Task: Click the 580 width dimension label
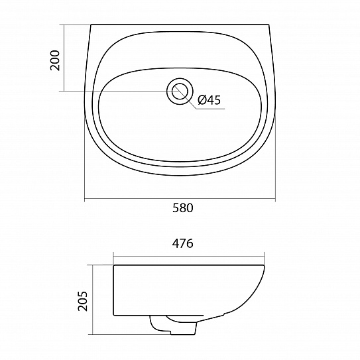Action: click(183, 208)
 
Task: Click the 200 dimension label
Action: click(55, 60)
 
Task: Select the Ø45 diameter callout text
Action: click(209, 100)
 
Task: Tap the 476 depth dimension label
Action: click(183, 243)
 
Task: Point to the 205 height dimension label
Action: click(83, 301)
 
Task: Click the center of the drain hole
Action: click(180, 91)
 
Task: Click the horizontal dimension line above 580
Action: click(180, 199)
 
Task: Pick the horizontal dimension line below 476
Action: click(189, 257)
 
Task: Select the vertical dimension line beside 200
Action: click(64, 58)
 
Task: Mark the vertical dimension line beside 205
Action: click(92, 300)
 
